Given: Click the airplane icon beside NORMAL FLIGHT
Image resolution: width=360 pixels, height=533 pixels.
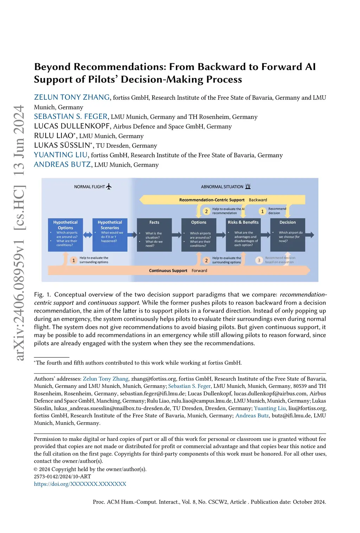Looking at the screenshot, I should click(x=109, y=187).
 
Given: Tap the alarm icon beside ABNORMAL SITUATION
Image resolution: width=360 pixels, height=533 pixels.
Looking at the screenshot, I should click(x=248, y=187).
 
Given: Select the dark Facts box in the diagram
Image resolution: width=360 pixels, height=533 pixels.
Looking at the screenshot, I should click(x=154, y=235).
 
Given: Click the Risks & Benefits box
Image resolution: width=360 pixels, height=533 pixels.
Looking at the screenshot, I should click(x=243, y=235).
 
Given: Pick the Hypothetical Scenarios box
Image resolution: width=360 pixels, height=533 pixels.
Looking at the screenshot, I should click(x=110, y=235).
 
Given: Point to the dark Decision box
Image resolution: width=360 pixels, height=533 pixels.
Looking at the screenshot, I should click(x=288, y=235).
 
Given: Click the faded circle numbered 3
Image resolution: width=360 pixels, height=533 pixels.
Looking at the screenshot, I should click(x=259, y=260).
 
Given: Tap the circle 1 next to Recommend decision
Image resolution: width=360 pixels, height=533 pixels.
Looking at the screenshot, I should click(x=262, y=211).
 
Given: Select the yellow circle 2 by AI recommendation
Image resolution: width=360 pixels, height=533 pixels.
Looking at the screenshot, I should click(x=206, y=211).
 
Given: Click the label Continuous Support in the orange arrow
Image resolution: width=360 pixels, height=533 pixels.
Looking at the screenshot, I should click(x=168, y=271).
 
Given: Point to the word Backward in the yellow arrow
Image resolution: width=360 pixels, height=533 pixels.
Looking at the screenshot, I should click(x=258, y=200).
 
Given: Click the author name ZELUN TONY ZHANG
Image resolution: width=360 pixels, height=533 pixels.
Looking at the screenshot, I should click(x=72, y=97).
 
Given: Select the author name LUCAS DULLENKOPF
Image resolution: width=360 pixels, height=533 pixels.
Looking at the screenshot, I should click(x=72, y=126).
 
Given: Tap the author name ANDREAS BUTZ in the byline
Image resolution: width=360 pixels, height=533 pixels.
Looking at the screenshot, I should click(x=63, y=164).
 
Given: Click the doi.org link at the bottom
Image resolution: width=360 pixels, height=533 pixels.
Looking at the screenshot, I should click(x=80, y=484).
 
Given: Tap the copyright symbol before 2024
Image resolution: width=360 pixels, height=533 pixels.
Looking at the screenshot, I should click(x=36, y=469).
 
